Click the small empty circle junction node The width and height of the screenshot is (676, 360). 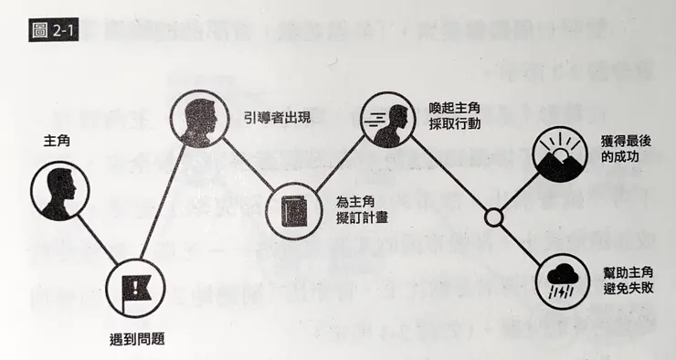pyautogui.click(x=493, y=217)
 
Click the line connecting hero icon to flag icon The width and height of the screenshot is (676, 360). pyautogui.click(x=97, y=239)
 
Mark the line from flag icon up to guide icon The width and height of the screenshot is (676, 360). pyautogui.click(x=168, y=204)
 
